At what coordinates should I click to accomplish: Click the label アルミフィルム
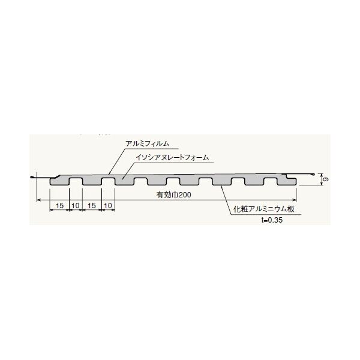[x=147, y=143]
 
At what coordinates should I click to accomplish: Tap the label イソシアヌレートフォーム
[x=172, y=157]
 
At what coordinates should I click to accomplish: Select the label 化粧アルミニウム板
[x=264, y=209]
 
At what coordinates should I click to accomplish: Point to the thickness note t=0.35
[x=272, y=220]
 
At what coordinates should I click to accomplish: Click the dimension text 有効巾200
[x=173, y=194]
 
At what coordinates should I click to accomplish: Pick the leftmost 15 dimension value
[x=59, y=205]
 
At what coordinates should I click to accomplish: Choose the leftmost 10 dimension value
[x=76, y=205]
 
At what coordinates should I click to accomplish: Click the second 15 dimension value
[x=92, y=205]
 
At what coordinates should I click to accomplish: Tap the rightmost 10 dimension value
[x=108, y=205]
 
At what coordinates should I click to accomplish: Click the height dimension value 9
[x=325, y=179]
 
